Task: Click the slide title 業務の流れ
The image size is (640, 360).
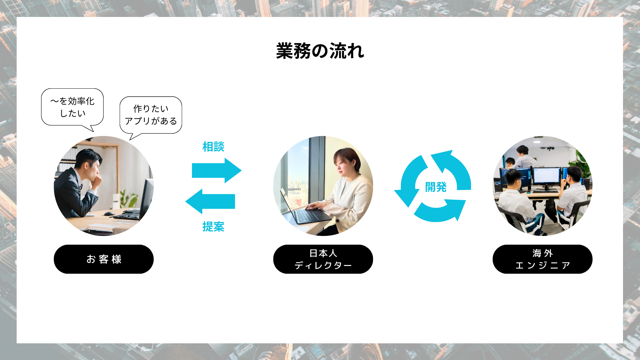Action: tap(320, 51)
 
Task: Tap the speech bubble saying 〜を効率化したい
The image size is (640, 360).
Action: tap(72, 107)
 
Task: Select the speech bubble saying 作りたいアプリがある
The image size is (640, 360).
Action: tap(151, 115)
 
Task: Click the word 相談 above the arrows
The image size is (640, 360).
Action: tap(213, 147)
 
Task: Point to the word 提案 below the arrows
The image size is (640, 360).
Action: tap(213, 227)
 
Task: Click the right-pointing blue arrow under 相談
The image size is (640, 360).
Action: tap(217, 170)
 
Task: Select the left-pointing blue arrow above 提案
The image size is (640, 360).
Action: tap(210, 201)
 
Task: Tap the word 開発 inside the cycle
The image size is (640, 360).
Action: tap(436, 187)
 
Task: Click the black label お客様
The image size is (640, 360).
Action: tap(104, 259)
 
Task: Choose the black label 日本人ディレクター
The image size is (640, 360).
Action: tap(323, 259)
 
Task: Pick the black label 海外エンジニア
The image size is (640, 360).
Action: tap(542, 259)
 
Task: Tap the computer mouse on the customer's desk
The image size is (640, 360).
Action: tap(109, 214)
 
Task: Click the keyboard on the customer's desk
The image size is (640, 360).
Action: tap(127, 216)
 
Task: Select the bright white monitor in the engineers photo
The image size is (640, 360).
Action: tap(547, 176)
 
